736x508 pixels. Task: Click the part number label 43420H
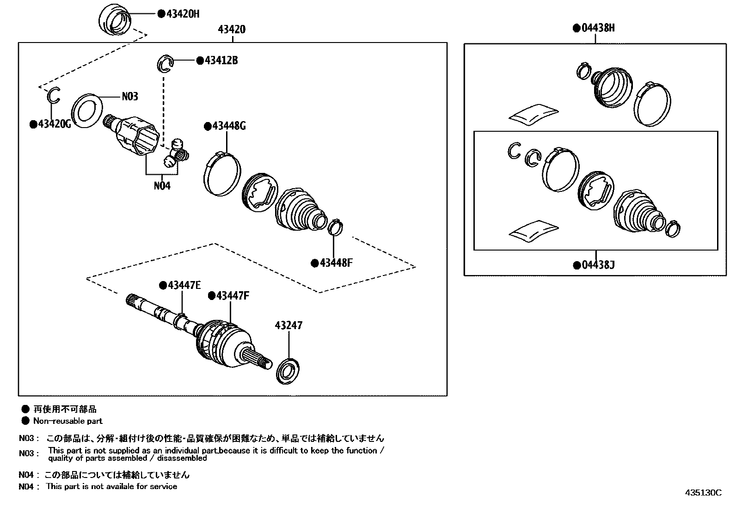(182, 14)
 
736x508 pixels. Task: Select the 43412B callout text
(221, 61)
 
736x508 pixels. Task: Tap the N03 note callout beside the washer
(130, 96)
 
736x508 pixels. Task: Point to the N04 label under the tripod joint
(162, 186)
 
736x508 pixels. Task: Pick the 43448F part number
(336, 263)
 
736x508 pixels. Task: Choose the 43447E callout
(184, 285)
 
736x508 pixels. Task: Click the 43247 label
(288, 325)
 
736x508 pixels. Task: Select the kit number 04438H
(598, 28)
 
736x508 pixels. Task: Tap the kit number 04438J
(598, 265)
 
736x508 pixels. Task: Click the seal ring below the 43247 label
(288, 370)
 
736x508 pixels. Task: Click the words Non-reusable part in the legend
(67, 421)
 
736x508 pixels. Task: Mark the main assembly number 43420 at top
(232, 30)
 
